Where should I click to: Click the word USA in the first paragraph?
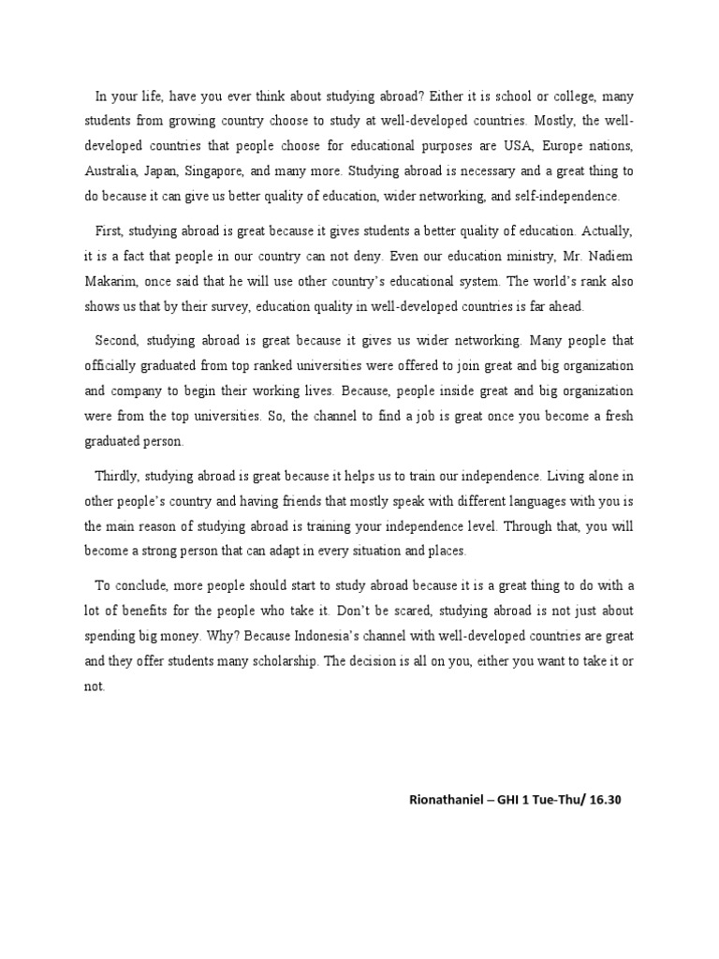click(530, 146)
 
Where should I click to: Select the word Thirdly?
click(119, 475)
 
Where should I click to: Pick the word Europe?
click(577, 146)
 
